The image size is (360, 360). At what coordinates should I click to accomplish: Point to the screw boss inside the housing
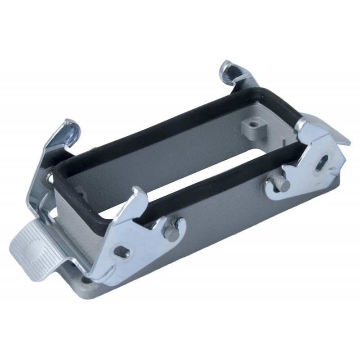[254, 125]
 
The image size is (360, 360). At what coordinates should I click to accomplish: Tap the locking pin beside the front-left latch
[171, 231]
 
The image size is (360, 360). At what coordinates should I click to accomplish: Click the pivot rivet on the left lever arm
[46, 179]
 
